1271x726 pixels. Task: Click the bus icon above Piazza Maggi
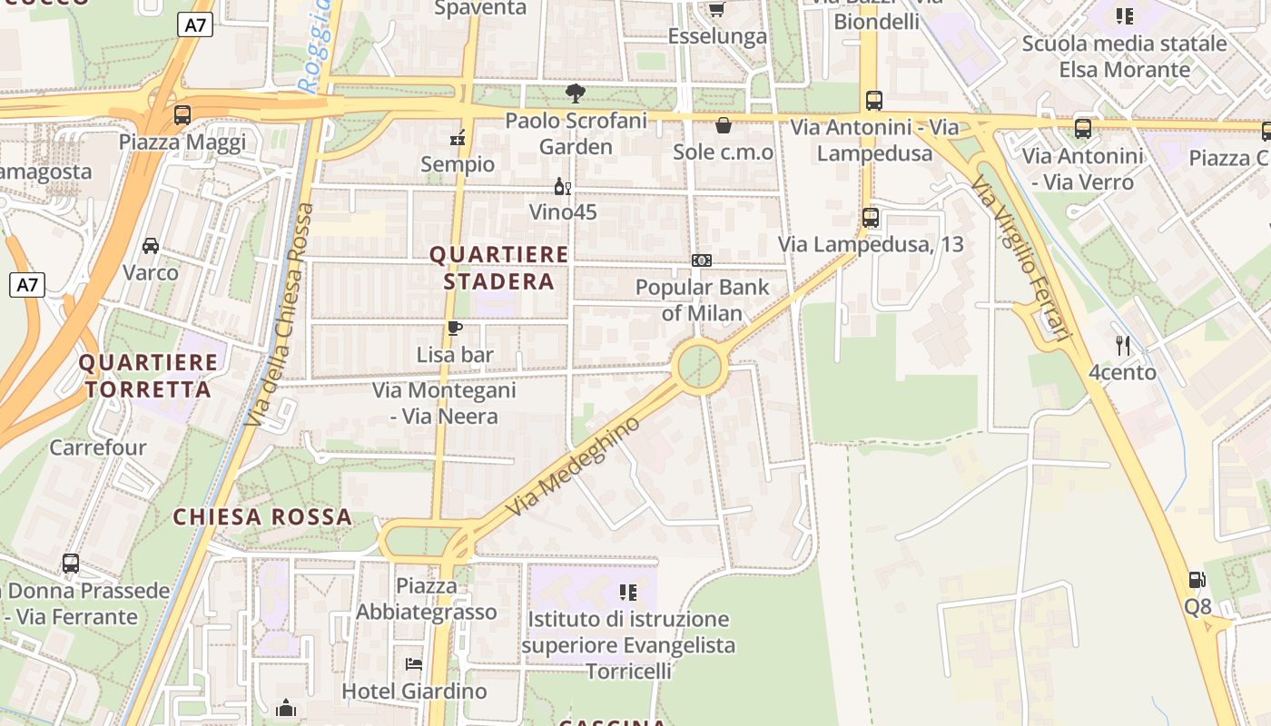[x=182, y=115]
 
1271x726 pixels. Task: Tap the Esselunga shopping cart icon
[x=716, y=9]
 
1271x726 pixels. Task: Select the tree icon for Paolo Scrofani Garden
[x=575, y=93]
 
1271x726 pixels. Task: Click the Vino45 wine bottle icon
[x=563, y=187]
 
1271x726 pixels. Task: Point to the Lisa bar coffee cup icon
[x=455, y=329]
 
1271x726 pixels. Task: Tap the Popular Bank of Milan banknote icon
[x=702, y=260]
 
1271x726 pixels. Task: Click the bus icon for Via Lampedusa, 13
[x=871, y=218]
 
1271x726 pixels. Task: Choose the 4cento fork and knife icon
[x=1123, y=346]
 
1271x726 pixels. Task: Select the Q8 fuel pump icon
[x=1197, y=580]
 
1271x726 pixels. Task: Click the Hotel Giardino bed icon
[x=414, y=664]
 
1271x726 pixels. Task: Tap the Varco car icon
[x=151, y=246]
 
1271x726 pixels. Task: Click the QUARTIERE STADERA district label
[x=498, y=268]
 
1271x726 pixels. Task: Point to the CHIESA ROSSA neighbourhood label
[x=262, y=517]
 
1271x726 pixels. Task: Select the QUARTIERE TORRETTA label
[x=148, y=376]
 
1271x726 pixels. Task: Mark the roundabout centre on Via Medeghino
[x=701, y=367]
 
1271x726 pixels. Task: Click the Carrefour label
[x=97, y=447]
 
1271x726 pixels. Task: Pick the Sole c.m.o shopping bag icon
[x=724, y=125]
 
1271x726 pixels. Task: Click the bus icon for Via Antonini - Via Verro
[x=1083, y=129]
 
